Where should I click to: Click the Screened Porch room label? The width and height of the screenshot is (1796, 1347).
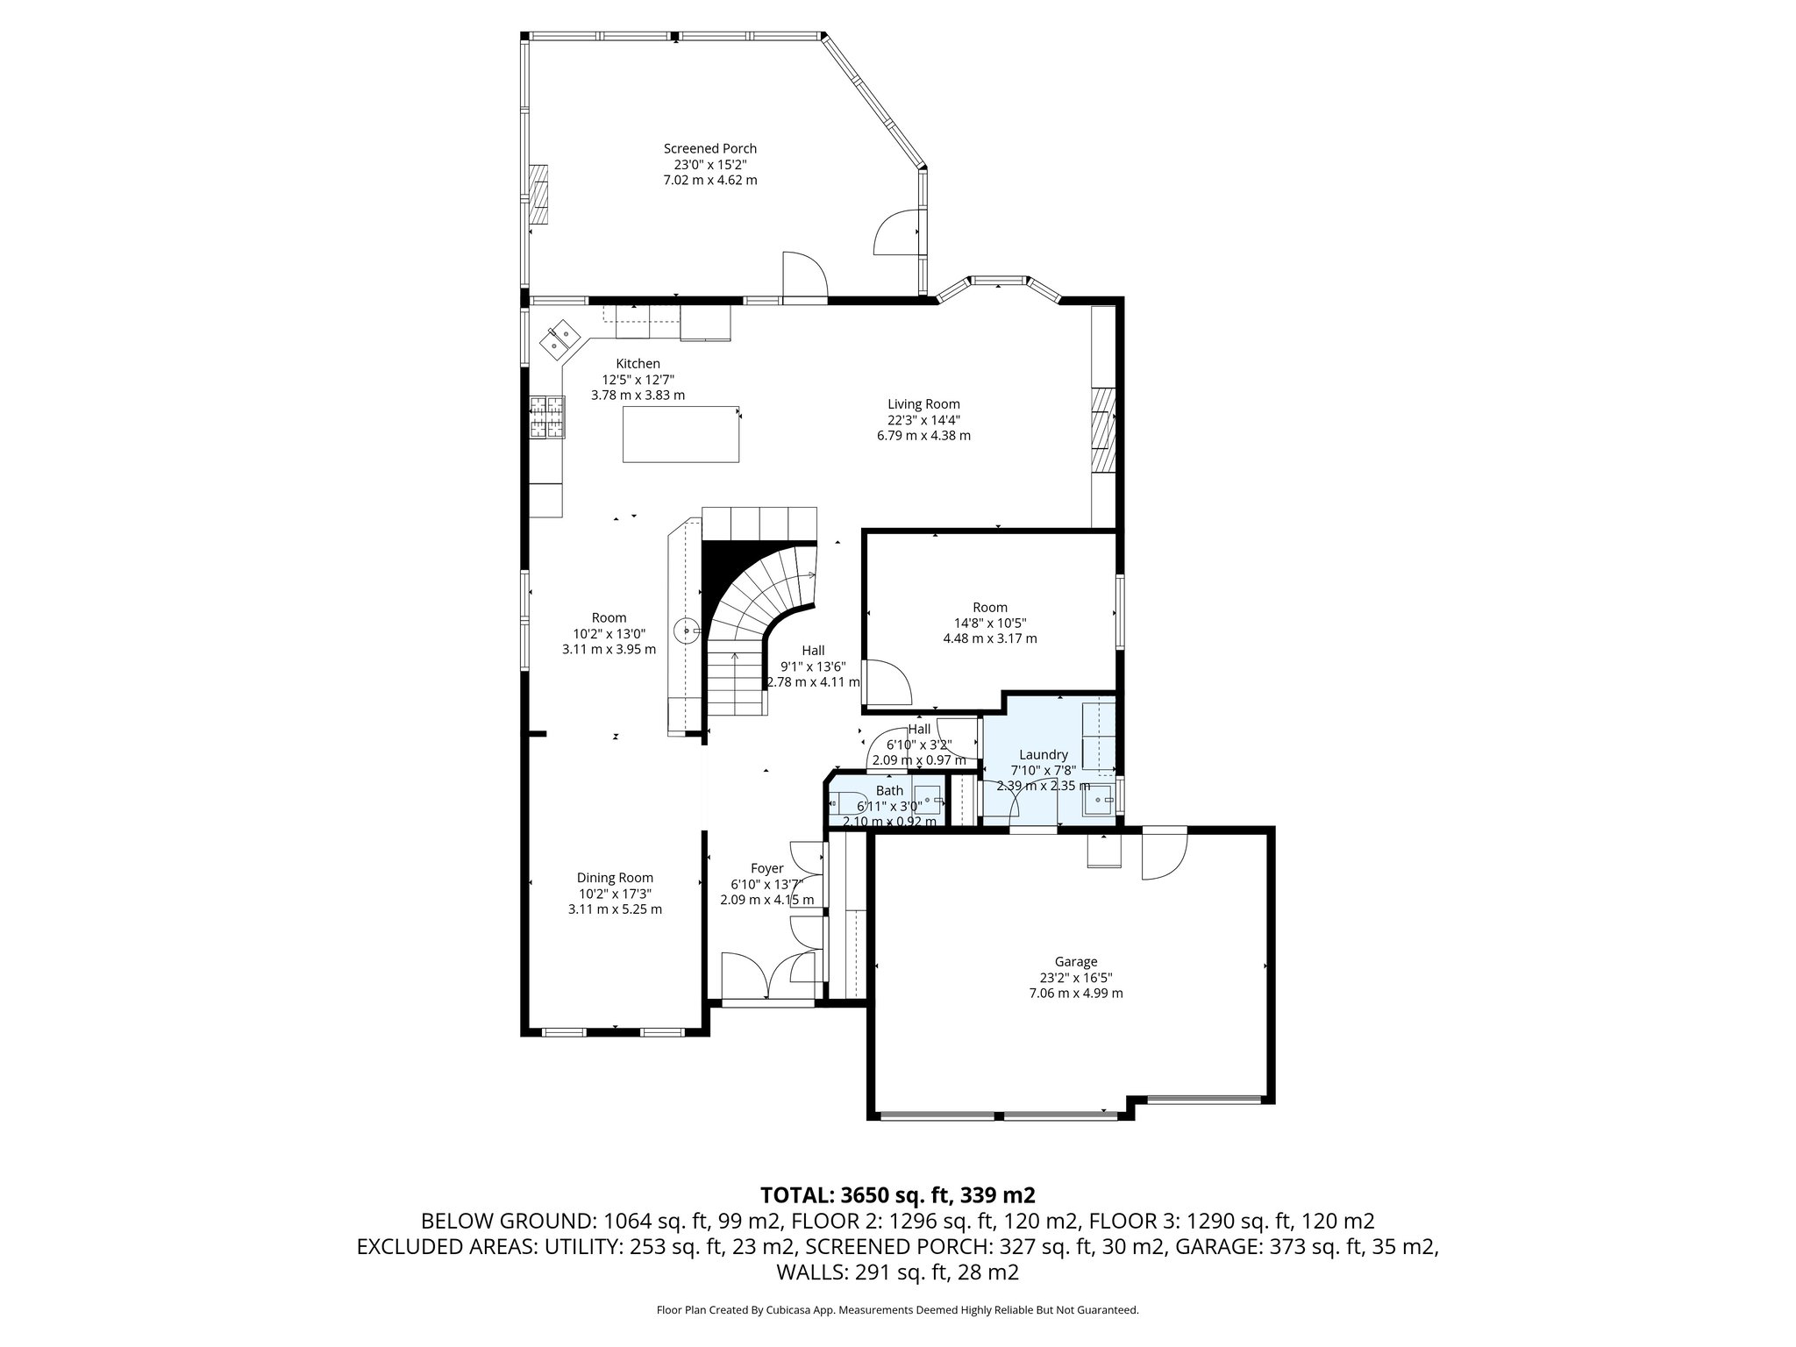click(x=709, y=149)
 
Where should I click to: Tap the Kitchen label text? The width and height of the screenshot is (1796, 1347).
click(x=638, y=364)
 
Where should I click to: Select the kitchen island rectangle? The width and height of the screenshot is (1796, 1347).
click(x=681, y=434)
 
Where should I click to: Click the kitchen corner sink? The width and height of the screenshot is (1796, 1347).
click(x=559, y=340)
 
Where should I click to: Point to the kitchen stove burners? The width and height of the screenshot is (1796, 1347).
click(x=547, y=417)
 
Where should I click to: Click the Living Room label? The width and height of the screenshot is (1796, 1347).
click(x=923, y=404)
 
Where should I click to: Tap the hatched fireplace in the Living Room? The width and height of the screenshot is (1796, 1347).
click(x=1102, y=431)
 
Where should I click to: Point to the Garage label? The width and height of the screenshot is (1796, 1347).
click(x=1075, y=962)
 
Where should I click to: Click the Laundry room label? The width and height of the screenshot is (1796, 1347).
click(x=1043, y=755)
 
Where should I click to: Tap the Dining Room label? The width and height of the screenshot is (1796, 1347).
click(x=615, y=878)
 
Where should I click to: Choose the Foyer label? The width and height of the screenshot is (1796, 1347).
click(x=766, y=869)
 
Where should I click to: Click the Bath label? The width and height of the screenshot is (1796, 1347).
click(x=889, y=791)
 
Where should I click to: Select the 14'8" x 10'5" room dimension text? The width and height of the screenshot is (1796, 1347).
click(x=990, y=623)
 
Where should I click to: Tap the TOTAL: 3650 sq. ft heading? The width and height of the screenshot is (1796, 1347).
click(x=897, y=1194)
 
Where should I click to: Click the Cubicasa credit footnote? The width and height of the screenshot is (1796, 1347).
click(x=897, y=1310)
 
